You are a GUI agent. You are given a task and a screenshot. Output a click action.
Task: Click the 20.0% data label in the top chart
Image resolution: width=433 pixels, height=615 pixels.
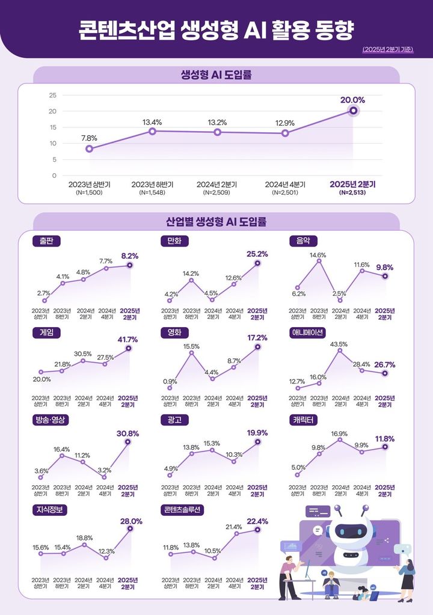point(352,100)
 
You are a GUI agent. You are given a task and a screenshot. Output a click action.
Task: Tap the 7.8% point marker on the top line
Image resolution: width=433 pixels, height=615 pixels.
point(89,148)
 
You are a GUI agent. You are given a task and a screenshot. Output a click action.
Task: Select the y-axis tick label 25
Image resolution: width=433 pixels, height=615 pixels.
point(52,95)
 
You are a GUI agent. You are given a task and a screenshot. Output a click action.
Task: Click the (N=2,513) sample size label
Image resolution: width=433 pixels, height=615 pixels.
point(352,193)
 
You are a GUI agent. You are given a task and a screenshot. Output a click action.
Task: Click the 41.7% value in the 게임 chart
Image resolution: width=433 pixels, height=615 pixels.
point(127,339)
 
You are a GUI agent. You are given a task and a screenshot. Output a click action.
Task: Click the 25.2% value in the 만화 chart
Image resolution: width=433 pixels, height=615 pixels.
point(257,254)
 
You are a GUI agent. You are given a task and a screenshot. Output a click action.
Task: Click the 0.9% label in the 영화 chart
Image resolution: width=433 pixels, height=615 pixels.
point(170,381)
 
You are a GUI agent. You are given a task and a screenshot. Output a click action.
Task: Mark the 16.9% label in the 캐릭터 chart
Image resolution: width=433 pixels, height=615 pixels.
point(339,433)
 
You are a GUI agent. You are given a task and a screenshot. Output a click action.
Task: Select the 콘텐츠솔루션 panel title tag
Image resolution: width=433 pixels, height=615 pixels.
point(183,509)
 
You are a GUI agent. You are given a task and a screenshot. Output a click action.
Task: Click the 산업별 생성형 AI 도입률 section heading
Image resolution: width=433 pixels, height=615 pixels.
point(216,222)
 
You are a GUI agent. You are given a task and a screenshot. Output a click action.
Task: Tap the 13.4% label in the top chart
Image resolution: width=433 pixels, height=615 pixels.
point(152,122)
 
